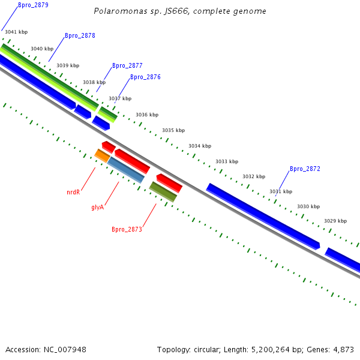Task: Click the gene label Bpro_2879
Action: [33, 5]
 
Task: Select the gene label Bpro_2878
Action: [80, 35]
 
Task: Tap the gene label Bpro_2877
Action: [127, 65]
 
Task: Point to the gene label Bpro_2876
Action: [145, 77]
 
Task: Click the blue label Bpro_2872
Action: [305, 169]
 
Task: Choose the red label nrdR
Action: [73, 192]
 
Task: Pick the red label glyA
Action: [98, 207]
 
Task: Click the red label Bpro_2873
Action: [127, 229]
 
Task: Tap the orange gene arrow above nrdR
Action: [102, 156]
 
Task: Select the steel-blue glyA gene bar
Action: [126, 170]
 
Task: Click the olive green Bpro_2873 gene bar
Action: [163, 191]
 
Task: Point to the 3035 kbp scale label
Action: [173, 130]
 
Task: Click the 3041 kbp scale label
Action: [16, 32]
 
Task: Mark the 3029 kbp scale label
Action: [335, 221]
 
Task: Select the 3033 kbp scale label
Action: [227, 161]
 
